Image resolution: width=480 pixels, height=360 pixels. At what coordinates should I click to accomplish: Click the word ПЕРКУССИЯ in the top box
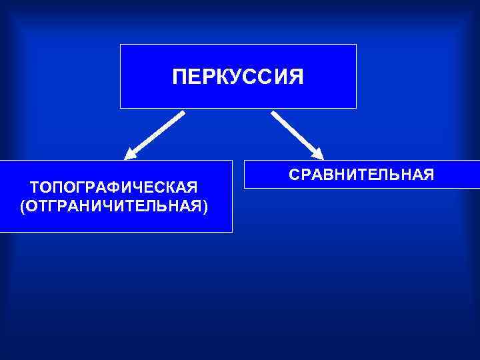238,77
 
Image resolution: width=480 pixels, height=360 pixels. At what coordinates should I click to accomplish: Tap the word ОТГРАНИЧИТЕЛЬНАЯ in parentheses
114,205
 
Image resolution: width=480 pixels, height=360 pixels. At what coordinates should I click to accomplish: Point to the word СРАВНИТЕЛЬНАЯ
361,175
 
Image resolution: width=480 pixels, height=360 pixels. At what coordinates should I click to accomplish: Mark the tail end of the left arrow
182,113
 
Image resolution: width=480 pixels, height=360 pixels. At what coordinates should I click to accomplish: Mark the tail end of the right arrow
273,113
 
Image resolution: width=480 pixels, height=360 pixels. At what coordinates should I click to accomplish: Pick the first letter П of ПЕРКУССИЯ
179,77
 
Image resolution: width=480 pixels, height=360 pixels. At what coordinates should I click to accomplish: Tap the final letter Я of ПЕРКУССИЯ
296,77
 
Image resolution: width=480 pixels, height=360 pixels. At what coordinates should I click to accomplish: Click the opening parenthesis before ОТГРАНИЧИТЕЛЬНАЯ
23,206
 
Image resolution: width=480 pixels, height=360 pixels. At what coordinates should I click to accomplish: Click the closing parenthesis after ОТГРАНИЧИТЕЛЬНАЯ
205,206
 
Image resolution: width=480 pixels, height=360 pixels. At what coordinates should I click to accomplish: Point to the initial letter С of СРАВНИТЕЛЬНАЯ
294,175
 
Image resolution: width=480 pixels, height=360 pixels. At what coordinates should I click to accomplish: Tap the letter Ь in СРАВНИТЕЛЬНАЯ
395,175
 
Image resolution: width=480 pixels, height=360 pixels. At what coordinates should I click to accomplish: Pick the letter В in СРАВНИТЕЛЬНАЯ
329,175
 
